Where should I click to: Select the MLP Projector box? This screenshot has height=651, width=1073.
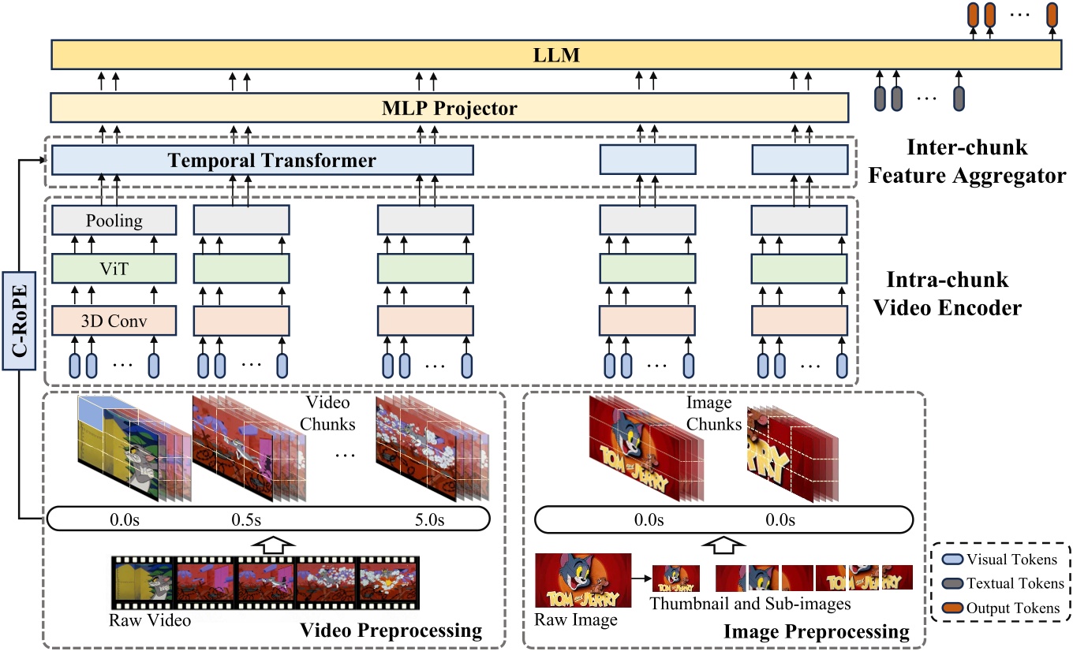pos(449,108)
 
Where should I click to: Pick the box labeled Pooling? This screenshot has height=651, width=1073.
pos(113,220)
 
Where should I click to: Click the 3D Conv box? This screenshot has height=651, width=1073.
pos(113,322)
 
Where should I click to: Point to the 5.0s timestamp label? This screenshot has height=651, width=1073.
pos(430,520)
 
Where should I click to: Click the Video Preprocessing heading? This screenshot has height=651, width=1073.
pos(391,631)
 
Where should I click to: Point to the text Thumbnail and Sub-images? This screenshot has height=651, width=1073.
pos(750,604)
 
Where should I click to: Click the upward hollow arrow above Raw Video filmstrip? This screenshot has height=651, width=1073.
pos(269,543)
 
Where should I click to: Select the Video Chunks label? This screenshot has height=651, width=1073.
pos(328,414)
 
